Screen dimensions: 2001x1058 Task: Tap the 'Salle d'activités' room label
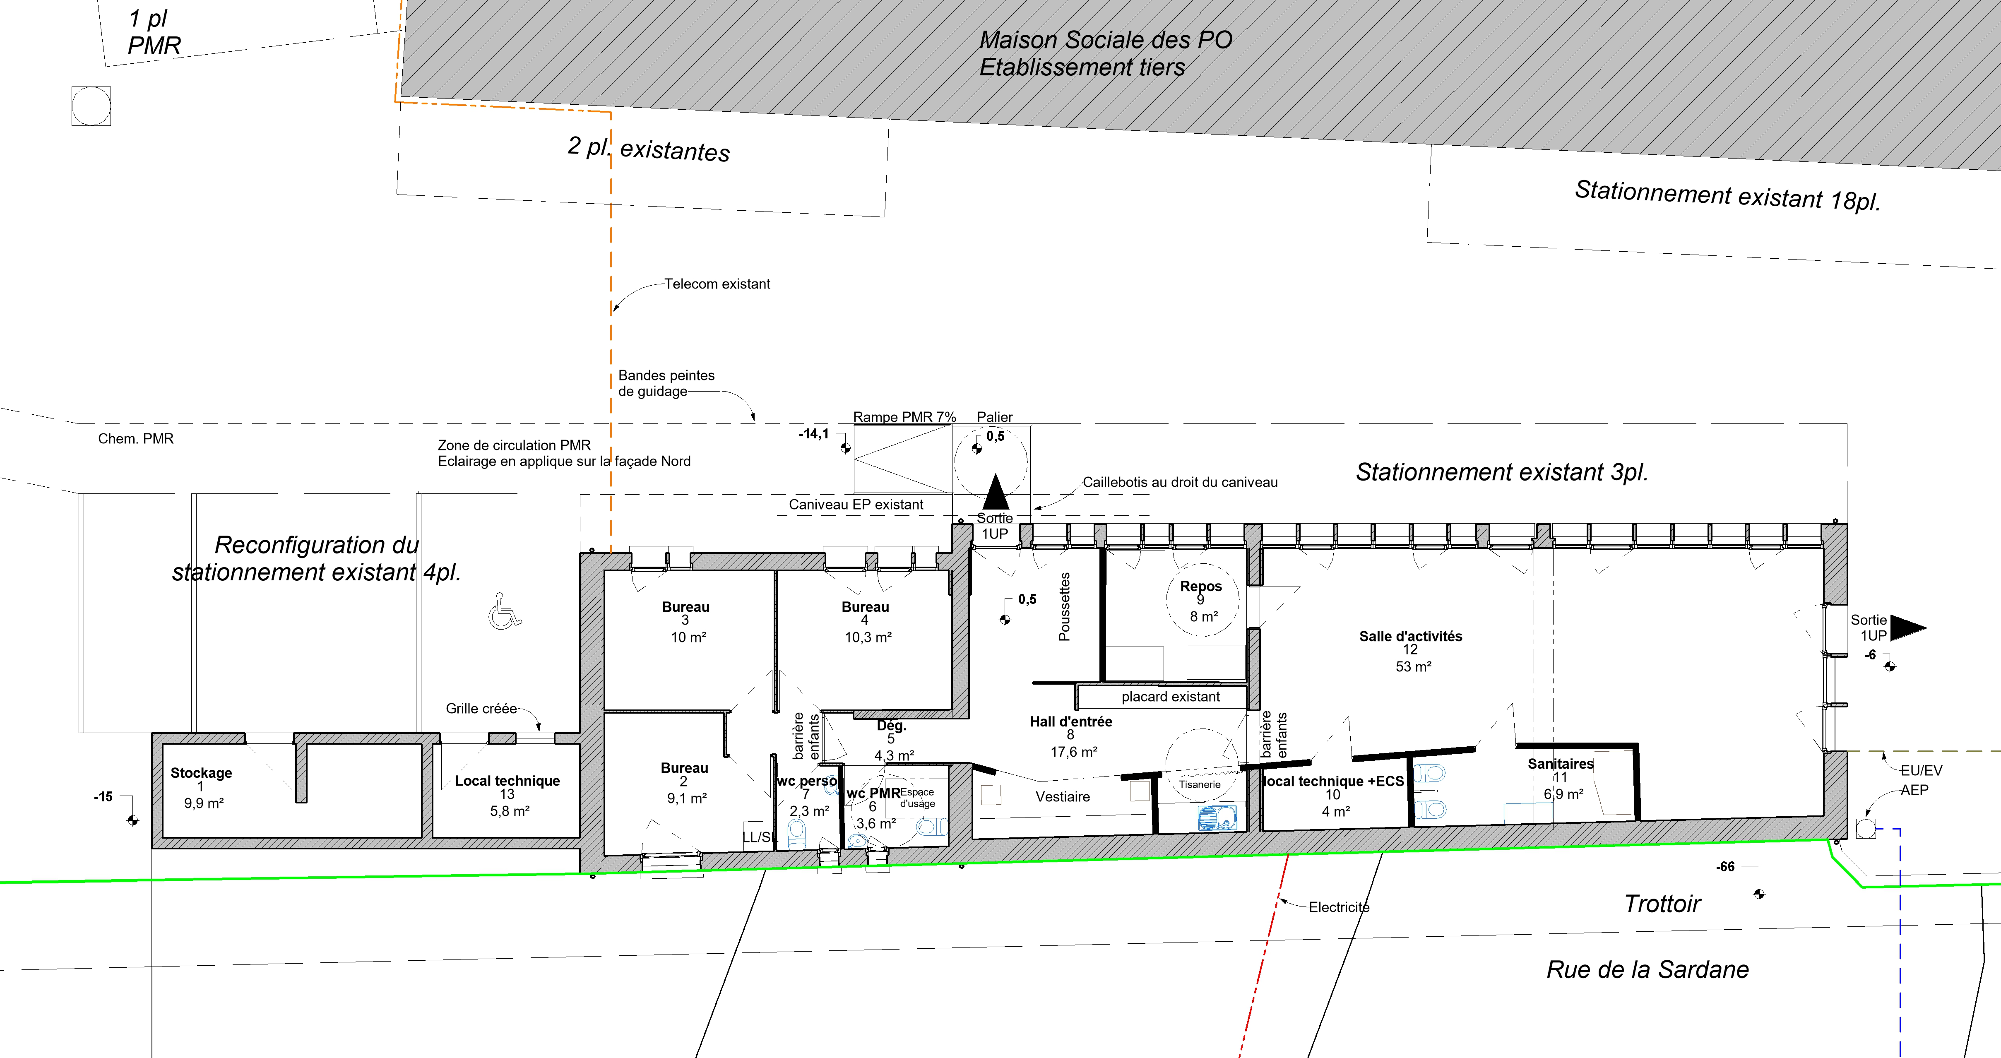tap(1411, 636)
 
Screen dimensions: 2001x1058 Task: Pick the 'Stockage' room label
tap(201, 773)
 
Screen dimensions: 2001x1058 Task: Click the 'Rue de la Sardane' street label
tap(1647, 969)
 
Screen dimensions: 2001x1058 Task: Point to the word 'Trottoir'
tap(1662, 904)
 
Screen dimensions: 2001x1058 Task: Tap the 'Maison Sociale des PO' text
tap(1105, 40)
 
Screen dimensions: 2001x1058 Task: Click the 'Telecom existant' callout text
tap(717, 284)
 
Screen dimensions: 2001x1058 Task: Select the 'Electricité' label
tap(1339, 907)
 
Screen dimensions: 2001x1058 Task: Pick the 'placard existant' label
tap(1171, 697)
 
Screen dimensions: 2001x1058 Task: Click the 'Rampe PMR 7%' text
tap(904, 417)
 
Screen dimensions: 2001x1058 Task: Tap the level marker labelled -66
tap(1759, 894)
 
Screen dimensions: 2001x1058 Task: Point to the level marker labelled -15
tap(133, 820)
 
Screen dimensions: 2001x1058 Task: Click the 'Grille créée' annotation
tap(481, 709)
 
